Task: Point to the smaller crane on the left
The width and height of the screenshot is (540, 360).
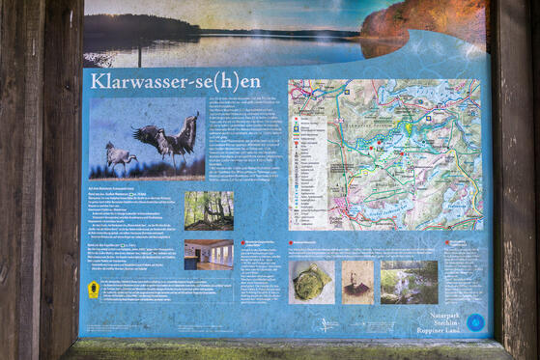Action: point(121,155)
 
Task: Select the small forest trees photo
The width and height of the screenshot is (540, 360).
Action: point(209,209)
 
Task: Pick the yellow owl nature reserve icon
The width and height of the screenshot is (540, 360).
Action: point(94,289)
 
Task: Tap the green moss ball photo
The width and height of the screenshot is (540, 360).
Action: point(310,282)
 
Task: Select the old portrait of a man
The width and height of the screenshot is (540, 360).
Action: point(356,282)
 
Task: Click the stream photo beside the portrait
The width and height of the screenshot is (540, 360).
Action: point(409,282)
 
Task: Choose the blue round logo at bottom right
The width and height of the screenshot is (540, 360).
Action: point(475,322)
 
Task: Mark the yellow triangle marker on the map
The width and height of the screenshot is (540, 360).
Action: point(408,127)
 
